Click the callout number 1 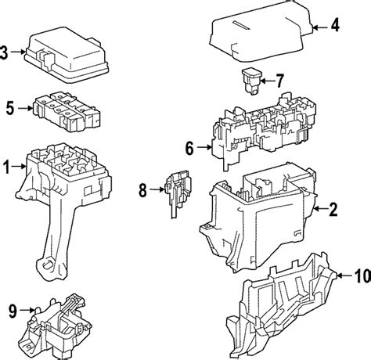[6, 167]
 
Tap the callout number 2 [333, 209]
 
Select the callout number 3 [4, 53]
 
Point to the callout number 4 [335, 25]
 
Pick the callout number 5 [10, 108]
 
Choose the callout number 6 [189, 148]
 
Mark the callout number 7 [279, 81]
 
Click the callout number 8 [142, 190]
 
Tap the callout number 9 [13, 311]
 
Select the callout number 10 [362, 275]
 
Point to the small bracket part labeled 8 [178, 194]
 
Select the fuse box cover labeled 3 [67, 54]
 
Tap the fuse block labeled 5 [67, 112]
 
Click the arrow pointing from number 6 [204, 148]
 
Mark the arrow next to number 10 [344, 275]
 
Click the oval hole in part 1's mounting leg [49, 265]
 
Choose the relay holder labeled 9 [56, 326]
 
